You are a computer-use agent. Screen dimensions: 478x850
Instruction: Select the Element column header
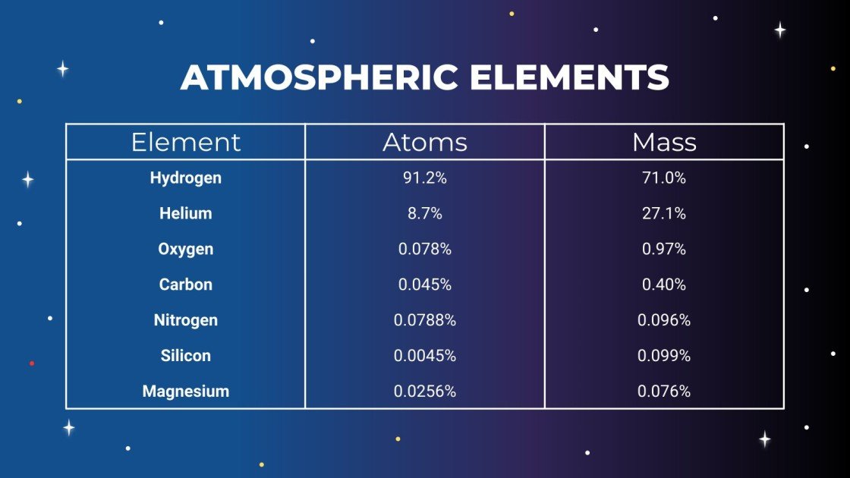coord(186,142)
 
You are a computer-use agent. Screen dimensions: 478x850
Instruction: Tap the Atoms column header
coord(425,142)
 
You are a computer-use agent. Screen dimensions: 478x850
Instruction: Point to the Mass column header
coord(664,142)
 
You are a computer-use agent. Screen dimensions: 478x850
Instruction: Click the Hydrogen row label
coord(186,178)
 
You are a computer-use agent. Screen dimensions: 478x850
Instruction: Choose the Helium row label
coord(186,214)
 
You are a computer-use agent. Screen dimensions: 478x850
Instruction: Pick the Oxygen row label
coord(186,250)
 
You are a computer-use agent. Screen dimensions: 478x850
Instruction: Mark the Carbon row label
coord(186,285)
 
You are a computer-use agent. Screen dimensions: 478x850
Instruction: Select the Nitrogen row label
coord(186,320)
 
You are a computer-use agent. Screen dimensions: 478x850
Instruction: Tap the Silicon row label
coord(186,356)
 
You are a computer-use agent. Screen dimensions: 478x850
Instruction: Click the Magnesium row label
coord(186,392)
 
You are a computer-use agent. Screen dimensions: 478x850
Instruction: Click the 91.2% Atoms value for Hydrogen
coord(425,178)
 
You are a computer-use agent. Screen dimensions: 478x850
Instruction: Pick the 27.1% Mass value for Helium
coord(664,214)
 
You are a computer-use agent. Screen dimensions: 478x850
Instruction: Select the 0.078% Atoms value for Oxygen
coord(425,250)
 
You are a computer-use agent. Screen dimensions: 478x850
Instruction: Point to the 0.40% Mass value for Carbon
coord(664,285)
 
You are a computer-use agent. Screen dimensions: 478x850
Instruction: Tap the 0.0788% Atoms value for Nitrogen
coord(425,320)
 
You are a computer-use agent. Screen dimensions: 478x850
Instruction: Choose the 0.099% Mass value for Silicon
coord(664,356)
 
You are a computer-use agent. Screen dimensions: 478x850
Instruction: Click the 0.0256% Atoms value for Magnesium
coord(425,392)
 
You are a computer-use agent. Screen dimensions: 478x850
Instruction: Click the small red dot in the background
coord(31,363)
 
